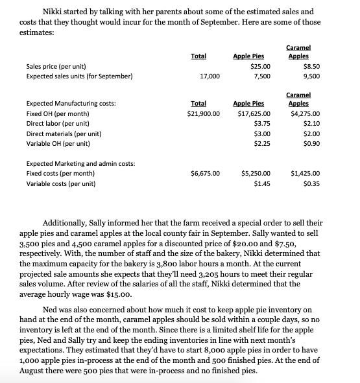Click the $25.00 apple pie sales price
[x=260, y=66]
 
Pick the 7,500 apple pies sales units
[x=261, y=76]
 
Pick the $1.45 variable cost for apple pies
[x=262, y=184]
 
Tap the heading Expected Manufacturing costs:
[x=71, y=103]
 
